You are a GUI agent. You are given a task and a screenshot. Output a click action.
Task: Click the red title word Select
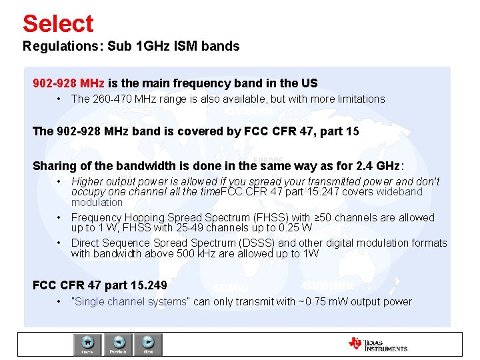(x=58, y=23)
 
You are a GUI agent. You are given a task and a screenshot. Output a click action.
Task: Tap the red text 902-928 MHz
(x=69, y=83)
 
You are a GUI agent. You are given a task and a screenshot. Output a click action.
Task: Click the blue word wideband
(x=399, y=192)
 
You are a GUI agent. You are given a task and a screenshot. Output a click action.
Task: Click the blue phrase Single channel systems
(x=131, y=301)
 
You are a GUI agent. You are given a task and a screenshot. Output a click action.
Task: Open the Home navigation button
(x=87, y=344)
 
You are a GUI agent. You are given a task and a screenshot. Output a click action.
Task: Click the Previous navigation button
(x=118, y=344)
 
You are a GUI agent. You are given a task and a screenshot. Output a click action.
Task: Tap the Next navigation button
(x=148, y=344)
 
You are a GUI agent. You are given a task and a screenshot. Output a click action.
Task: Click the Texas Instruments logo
(x=378, y=344)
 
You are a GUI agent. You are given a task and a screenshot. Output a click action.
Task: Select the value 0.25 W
(x=293, y=228)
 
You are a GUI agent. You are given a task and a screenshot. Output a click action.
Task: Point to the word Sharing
(x=53, y=166)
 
